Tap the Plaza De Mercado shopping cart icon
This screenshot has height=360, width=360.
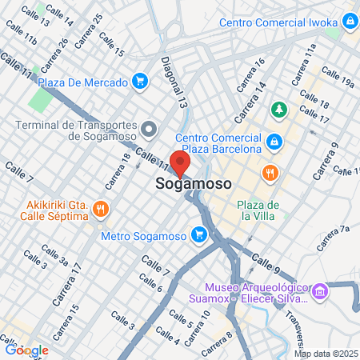click(x=140, y=82)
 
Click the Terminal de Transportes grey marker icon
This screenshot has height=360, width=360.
click(x=149, y=128)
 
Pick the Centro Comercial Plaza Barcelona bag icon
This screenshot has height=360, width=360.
click(x=274, y=142)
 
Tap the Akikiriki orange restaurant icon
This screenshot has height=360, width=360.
click(x=100, y=208)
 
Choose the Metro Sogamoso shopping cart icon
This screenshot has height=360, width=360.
click(x=199, y=235)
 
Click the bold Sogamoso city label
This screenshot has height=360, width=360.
click(x=190, y=184)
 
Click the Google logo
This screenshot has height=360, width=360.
click(x=26, y=350)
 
